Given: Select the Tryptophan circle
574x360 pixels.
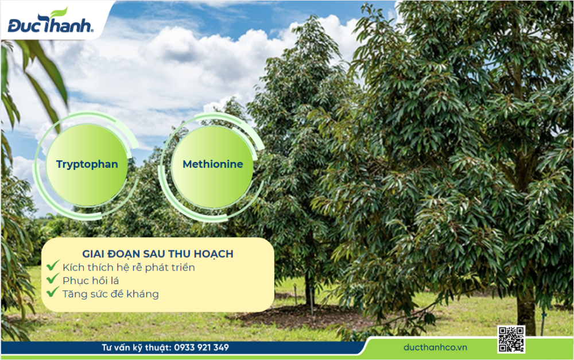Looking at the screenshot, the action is click(x=87, y=164).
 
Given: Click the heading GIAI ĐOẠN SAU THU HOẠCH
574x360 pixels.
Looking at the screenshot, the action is click(x=158, y=254).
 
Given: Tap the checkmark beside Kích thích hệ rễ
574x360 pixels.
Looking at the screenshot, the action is click(x=53, y=265).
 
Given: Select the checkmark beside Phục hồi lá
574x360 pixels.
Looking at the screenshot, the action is click(x=53, y=278).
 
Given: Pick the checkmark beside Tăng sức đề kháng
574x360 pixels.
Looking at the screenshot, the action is click(x=53, y=292).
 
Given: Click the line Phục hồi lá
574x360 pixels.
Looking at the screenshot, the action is click(x=91, y=281).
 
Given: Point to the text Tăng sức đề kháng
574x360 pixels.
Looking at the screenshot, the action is click(x=111, y=294).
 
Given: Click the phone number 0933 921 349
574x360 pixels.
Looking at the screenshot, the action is click(x=201, y=347).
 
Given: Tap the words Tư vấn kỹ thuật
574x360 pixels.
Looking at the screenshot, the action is click(x=137, y=347).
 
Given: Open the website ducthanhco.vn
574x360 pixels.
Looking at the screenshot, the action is click(x=435, y=347).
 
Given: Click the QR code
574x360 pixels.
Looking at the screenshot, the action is click(x=511, y=339).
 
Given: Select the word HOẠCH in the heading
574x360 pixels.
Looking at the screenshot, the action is click(x=214, y=254).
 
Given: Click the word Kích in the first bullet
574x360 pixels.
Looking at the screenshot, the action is click(x=73, y=268).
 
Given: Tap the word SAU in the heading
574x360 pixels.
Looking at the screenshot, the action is click(x=154, y=254).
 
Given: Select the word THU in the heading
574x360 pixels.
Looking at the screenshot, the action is click(x=179, y=254).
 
